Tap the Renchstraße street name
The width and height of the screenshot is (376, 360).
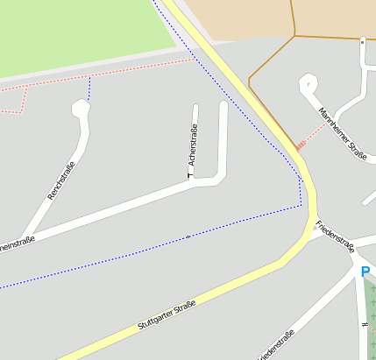[x=62, y=180]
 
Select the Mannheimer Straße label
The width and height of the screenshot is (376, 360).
[x=343, y=135]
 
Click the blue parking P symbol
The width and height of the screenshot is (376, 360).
[x=365, y=272]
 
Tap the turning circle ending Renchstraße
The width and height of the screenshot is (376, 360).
[x=81, y=109]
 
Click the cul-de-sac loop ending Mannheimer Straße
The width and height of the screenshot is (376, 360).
[x=309, y=83]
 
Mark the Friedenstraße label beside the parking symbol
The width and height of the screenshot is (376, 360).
[x=335, y=235]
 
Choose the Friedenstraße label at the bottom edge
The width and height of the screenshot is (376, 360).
[x=276, y=346]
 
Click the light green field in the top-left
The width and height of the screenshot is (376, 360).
[x=79, y=35]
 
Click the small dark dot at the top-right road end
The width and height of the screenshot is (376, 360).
[x=362, y=39]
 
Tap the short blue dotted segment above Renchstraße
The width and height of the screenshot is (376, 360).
[x=89, y=88]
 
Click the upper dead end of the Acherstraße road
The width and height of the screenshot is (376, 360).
[x=195, y=108]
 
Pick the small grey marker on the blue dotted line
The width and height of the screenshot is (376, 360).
[x=188, y=236]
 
